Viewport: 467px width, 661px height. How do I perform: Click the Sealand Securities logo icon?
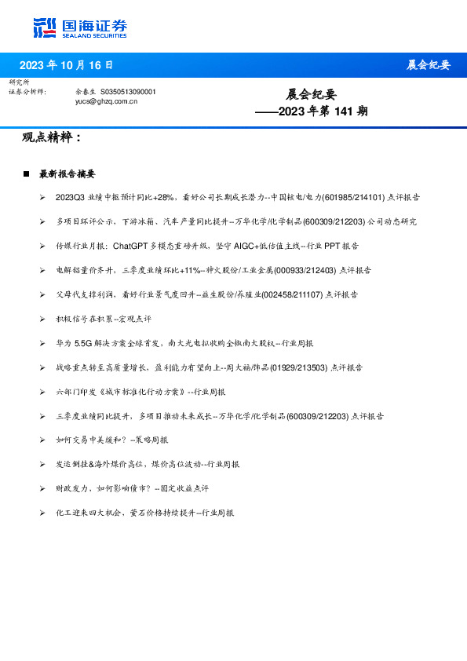pos(46,28)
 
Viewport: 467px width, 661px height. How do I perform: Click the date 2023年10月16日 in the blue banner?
pos(66,65)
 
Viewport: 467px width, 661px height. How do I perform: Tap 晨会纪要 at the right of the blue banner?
pos(428,65)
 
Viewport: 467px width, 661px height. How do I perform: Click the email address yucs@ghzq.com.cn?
pos(106,101)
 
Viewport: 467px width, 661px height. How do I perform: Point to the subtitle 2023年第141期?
pos(312,111)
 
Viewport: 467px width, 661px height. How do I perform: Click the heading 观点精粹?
pos(52,137)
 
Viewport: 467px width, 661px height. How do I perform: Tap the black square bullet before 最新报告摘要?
pos(26,173)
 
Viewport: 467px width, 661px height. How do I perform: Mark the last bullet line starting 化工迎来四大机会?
pos(144,513)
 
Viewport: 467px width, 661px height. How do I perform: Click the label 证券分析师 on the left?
pos(27,92)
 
